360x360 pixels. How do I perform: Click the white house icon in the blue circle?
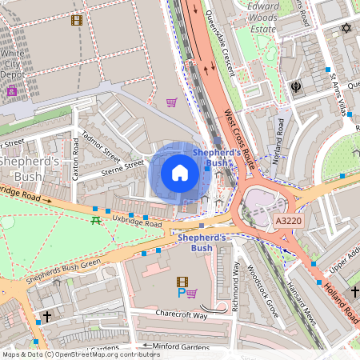180,172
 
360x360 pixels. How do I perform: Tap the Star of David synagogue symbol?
346,28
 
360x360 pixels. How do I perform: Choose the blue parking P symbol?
181,294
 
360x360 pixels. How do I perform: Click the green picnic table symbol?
95,219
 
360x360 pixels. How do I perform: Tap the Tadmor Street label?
102,149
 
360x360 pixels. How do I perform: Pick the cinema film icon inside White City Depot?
76,20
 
